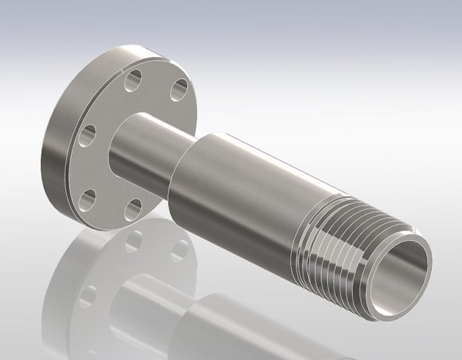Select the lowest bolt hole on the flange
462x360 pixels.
point(134,207)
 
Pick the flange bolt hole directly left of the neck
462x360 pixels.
point(86,135)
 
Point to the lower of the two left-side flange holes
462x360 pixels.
point(91,195)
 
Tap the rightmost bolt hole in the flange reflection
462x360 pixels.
point(179,251)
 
